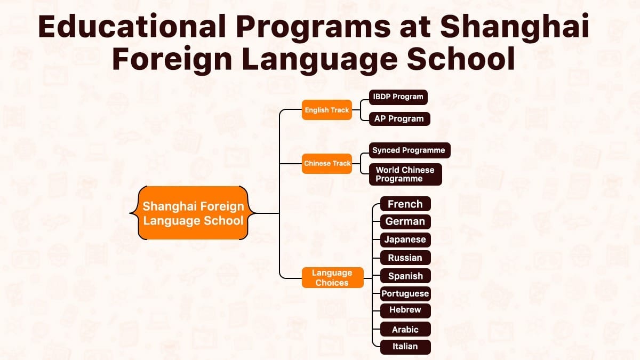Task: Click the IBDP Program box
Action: click(x=398, y=97)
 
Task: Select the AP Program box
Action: click(x=399, y=119)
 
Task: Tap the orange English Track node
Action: click(x=326, y=110)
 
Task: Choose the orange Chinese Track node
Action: click(x=327, y=163)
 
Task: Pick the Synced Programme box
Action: click(x=409, y=150)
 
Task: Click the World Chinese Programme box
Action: click(x=405, y=174)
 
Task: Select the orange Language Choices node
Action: click(x=332, y=278)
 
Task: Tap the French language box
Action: click(x=405, y=204)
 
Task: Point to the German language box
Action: click(x=405, y=222)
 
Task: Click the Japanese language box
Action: click(x=405, y=239)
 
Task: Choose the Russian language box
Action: click(x=405, y=258)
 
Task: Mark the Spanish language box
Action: click(x=405, y=276)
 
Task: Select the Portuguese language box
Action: click(x=405, y=293)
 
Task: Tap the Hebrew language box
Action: click(x=405, y=310)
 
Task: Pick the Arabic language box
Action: click(x=405, y=329)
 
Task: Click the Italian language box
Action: click(x=405, y=347)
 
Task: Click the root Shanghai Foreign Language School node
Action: click(x=193, y=213)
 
